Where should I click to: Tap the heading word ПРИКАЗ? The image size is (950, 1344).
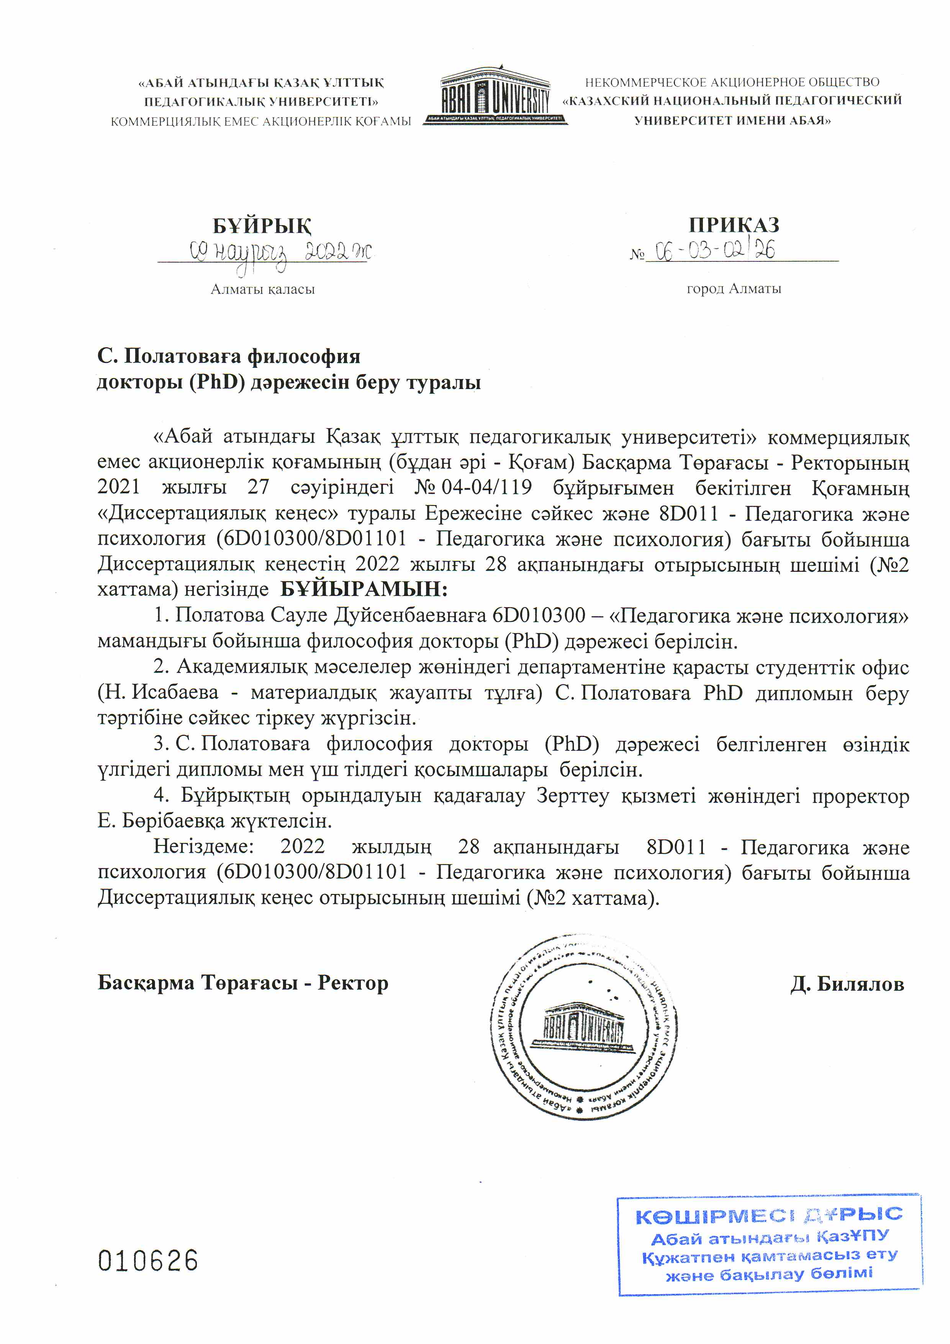pyautogui.click(x=734, y=225)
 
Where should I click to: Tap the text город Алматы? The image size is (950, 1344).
pyautogui.click(x=734, y=289)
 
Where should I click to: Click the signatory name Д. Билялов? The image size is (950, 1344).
pyautogui.click(x=847, y=984)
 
